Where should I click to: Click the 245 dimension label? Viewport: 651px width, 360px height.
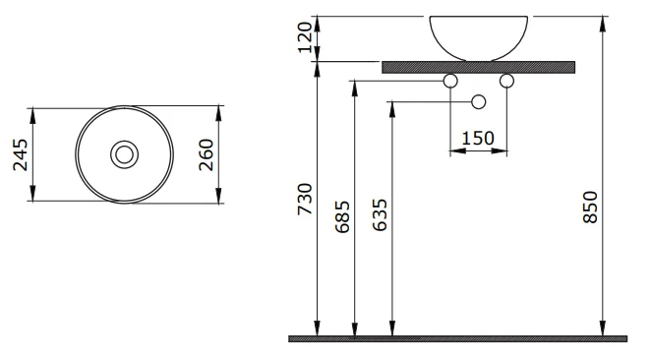21,154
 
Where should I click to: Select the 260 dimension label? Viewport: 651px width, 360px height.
206,154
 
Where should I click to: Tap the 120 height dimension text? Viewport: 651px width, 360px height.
305,37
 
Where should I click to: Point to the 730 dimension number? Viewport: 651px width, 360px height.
305,199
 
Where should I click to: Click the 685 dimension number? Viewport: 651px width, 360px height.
342,216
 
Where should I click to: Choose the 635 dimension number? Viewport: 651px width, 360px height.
380,215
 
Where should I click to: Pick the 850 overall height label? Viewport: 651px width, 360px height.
590,208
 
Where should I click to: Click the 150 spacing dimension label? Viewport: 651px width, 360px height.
478,139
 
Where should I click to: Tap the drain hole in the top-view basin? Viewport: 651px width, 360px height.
125,154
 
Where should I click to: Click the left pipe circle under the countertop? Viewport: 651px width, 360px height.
450,81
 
